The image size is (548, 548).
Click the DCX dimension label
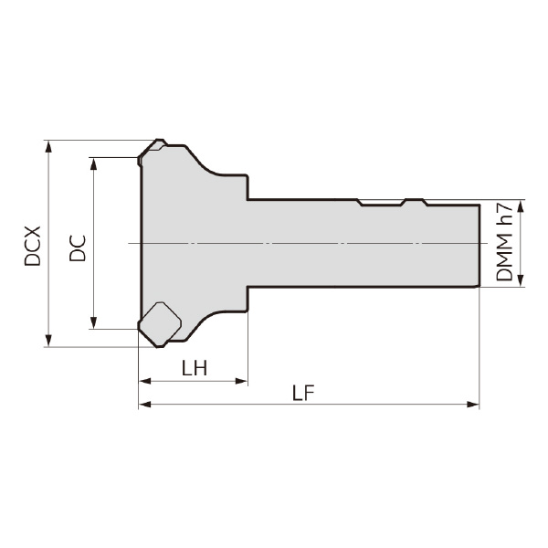(x=32, y=246)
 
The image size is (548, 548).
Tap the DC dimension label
(x=78, y=248)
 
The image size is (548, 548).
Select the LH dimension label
(x=195, y=368)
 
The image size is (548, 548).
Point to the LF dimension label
(x=303, y=393)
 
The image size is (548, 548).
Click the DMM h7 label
(x=504, y=243)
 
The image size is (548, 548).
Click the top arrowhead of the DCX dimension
(x=48, y=146)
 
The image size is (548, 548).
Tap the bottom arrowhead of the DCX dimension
(x=48, y=341)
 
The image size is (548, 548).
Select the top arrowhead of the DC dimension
(x=93, y=163)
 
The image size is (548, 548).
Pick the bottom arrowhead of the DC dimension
(x=93, y=322)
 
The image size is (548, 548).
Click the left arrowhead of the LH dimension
(x=144, y=381)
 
